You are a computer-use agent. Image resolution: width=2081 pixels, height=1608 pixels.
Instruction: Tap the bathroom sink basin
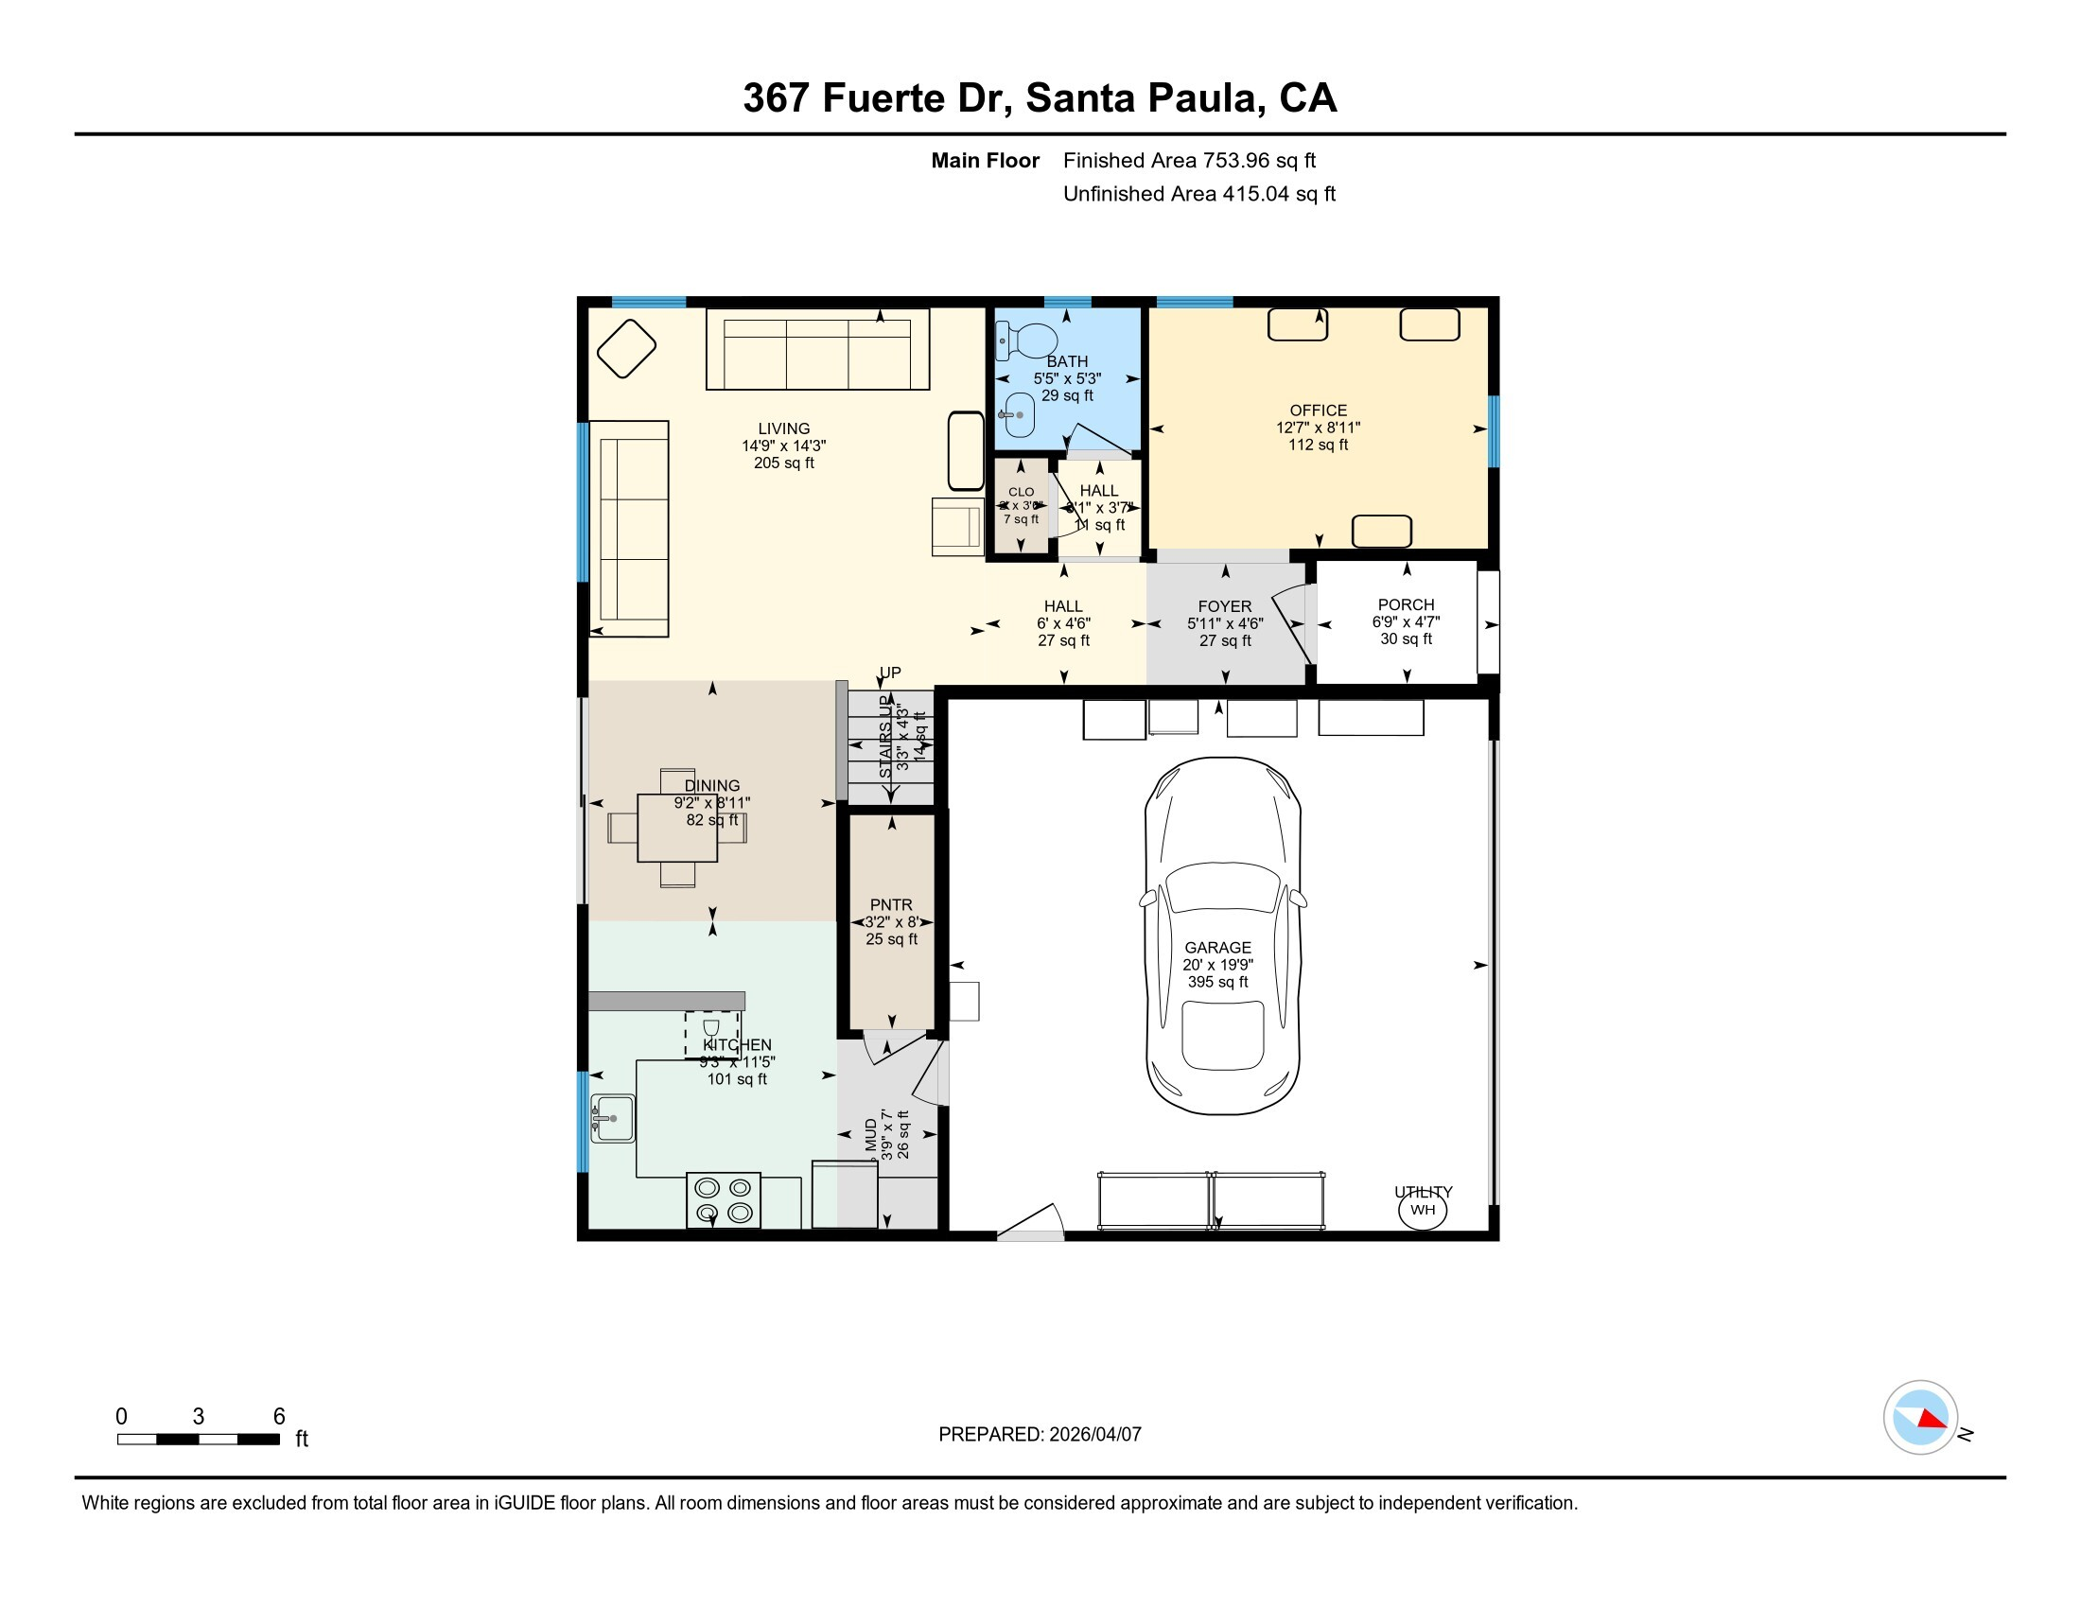click(x=1019, y=415)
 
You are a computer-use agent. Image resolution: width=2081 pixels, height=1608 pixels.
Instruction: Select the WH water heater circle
click(x=1422, y=1210)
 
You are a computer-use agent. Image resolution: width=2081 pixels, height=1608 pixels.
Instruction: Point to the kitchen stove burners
click(x=724, y=1200)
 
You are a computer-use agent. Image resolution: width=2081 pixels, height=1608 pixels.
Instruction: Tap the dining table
click(x=676, y=828)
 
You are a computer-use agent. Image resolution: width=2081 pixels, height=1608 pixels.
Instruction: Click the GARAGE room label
click(x=1216, y=947)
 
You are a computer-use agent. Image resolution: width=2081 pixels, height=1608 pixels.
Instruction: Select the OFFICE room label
click(x=1318, y=411)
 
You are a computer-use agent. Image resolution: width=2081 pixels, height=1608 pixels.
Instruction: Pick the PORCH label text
click(x=1406, y=605)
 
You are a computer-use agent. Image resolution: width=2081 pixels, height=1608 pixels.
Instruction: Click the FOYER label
click(x=1224, y=607)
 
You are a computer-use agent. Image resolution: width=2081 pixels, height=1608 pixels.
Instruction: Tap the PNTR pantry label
click(x=891, y=905)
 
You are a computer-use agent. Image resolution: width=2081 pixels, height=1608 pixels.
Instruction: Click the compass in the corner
click(x=1920, y=1418)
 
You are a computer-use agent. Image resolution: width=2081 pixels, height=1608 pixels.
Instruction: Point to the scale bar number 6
click(x=279, y=1417)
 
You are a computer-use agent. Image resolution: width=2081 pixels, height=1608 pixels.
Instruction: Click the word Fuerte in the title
click(x=882, y=98)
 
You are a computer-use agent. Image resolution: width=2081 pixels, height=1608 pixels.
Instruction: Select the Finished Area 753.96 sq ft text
click(x=1188, y=161)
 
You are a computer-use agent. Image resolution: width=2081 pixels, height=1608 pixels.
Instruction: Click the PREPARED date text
click(x=1040, y=1435)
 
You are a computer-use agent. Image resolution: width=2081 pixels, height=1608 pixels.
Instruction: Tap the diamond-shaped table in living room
click(x=626, y=349)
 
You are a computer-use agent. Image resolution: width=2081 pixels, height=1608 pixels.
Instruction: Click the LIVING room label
click(x=783, y=428)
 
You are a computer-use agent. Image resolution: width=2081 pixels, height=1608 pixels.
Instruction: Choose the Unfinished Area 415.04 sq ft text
click(x=1198, y=194)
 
